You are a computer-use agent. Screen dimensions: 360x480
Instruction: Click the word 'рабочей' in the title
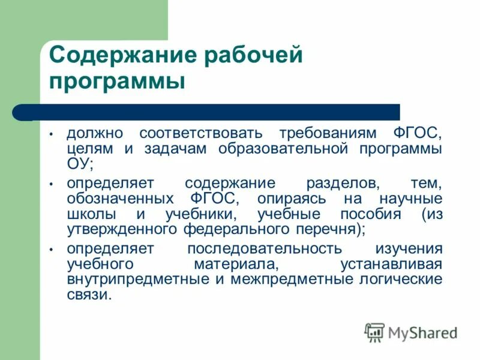coord(253,57)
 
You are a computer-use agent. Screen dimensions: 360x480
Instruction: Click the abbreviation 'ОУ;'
coord(80,163)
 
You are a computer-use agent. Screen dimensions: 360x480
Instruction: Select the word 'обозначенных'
coord(119,198)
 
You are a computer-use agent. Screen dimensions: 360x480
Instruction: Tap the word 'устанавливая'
coord(391,264)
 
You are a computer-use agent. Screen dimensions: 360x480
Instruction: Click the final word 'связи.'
coord(89,295)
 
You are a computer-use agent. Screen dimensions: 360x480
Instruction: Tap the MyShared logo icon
coord(374,332)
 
